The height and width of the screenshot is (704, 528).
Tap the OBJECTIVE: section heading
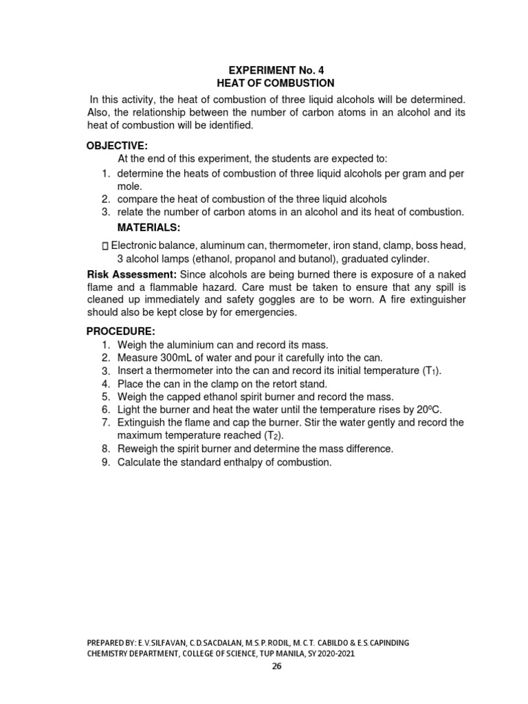(117, 145)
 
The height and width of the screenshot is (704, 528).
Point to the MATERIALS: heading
(148, 227)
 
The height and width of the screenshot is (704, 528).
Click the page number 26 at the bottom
(276, 665)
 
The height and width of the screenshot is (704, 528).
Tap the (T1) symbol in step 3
(430, 371)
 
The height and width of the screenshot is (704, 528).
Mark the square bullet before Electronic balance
(104, 246)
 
